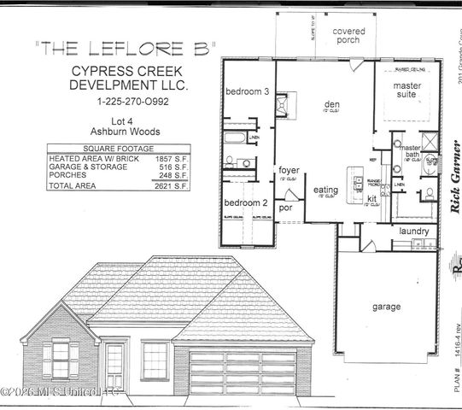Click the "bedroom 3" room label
(x=247, y=91)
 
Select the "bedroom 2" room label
(x=246, y=202)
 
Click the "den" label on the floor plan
(x=332, y=105)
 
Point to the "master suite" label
(x=405, y=91)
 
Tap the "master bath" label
(x=412, y=152)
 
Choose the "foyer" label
(x=289, y=171)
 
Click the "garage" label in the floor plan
(x=388, y=306)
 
